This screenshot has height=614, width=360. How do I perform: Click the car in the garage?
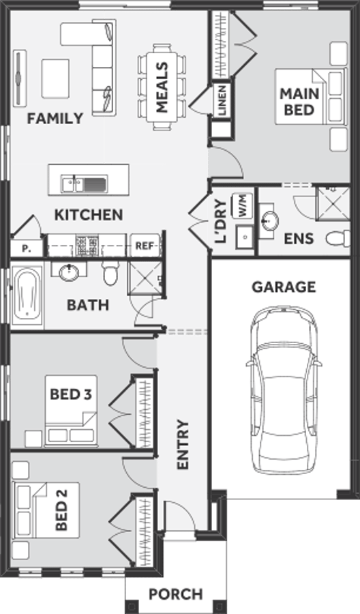[x=284, y=390]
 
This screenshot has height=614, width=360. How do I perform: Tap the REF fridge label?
[x=144, y=246]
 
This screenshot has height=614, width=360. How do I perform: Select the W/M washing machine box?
[x=243, y=206]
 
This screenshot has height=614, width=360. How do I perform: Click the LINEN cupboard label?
[x=222, y=100]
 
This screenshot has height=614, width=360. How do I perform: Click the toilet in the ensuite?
[x=338, y=238]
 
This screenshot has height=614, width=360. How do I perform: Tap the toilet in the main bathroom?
[x=110, y=272]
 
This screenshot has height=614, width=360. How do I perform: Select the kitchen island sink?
[x=84, y=184]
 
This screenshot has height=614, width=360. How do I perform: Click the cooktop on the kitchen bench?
[x=87, y=246]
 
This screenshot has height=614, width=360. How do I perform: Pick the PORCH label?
[x=176, y=594]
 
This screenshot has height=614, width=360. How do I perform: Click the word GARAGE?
[x=284, y=287]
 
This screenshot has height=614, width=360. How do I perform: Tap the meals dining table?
[x=162, y=87]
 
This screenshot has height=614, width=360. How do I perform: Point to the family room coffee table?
[x=55, y=78]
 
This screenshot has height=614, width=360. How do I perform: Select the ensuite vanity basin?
[x=269, y=220]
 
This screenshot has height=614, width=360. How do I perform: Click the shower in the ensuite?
[x=333, y=203]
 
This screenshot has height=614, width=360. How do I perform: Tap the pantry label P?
[x=26, y=248]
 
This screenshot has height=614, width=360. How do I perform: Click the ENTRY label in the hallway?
[x=183, y=444]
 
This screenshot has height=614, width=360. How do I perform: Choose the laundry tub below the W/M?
[x=245, y=237]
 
